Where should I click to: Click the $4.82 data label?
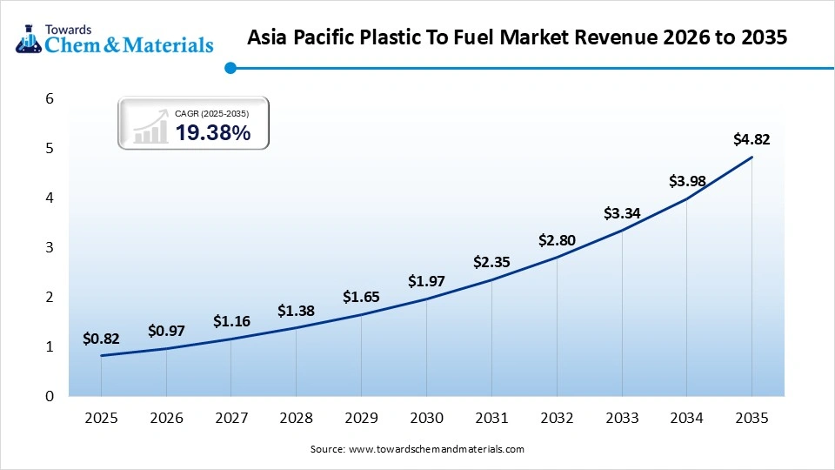[751, 138]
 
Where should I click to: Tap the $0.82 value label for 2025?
[101, 339]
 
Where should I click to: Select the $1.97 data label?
[426, 281]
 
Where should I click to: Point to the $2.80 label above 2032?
[557, 239]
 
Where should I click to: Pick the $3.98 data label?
[686, 181]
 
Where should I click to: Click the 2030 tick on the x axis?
[426, 418]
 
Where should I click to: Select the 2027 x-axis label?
[230, 418]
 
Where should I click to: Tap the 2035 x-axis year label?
[751, 418]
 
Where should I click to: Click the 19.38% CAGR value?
[213, 132]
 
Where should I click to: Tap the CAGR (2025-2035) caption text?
[212, 113]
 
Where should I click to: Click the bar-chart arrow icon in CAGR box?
[150, 126]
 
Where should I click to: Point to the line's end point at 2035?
[751, 158]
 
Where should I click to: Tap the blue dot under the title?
[230, 68]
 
